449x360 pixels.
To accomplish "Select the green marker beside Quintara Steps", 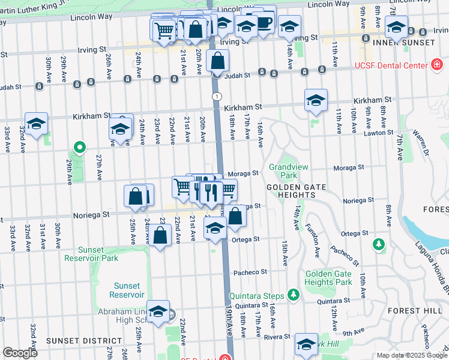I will click(x=293, y=294).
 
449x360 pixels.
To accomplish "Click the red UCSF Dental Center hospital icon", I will click(x=436, y=65).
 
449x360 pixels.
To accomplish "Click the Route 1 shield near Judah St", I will click(x=216, y=97).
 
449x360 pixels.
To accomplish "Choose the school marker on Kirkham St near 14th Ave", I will click(x=316, y=101).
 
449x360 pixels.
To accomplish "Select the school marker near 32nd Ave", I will click(x=36, y=124).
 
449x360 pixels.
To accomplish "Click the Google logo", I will click(x=20, y=352).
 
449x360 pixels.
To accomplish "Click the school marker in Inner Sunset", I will click(x=396, y=28).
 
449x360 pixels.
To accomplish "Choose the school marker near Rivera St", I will click(x=306, y=345).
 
